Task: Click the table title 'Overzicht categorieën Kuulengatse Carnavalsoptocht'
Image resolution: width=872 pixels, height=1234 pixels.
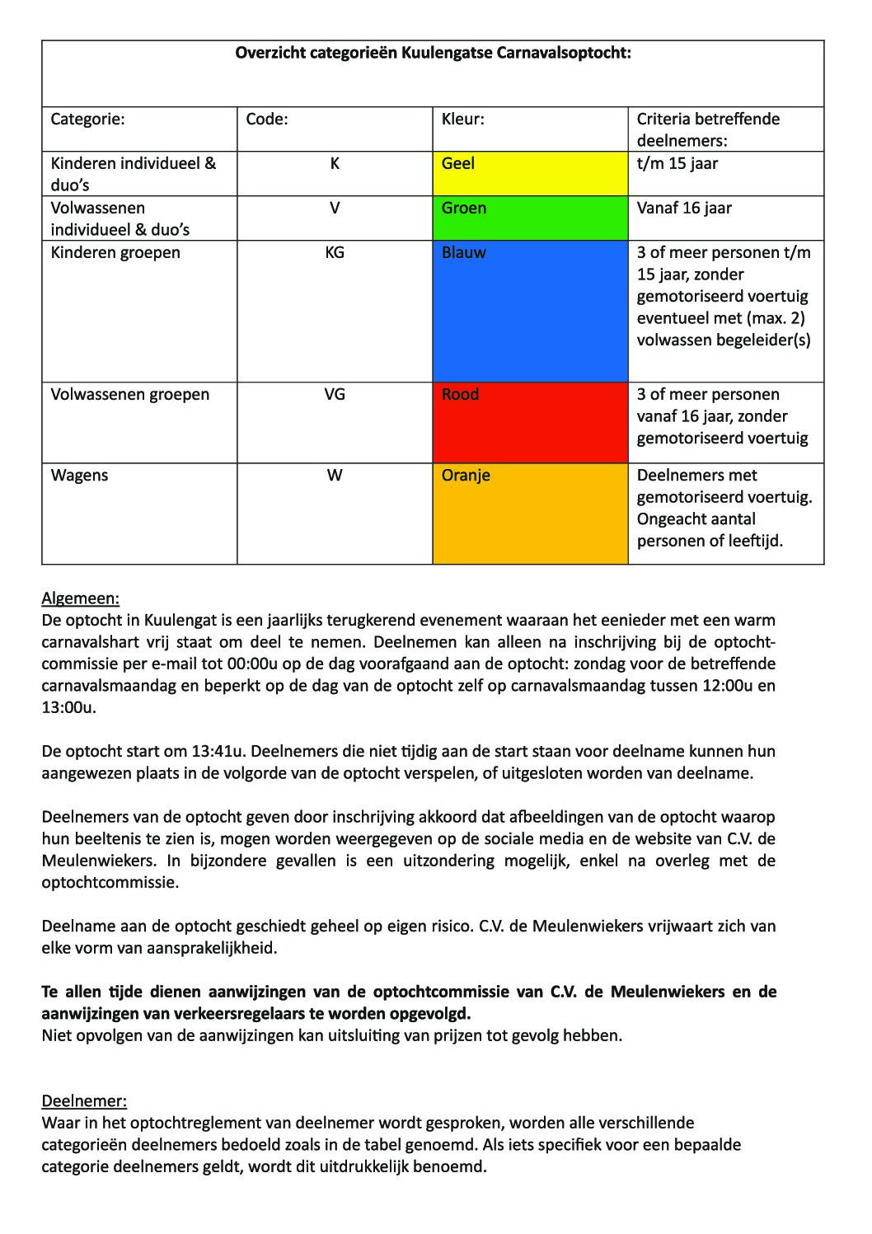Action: pos(433,54)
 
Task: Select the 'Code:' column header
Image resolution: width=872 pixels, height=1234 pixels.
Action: pos(267,120)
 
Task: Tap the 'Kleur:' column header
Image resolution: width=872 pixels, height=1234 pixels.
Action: pos(463,120)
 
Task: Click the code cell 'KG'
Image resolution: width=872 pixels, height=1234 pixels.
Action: pos(335,253)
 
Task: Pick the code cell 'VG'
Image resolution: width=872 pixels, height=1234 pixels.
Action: pos(335,395)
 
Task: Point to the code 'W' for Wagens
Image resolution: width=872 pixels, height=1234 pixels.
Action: pos(335,476)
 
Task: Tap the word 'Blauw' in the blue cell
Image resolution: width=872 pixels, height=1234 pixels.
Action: pos(464,253)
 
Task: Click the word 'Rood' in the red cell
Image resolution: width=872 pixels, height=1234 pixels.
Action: pos(460,395)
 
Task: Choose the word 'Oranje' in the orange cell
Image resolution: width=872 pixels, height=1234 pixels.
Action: pos(466,476)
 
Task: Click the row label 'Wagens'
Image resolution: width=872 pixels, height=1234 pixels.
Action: pos(79,476)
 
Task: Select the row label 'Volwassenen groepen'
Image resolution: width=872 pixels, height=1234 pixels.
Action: pos(130,395)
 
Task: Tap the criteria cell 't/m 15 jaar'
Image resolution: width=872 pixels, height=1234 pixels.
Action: pos(677,164)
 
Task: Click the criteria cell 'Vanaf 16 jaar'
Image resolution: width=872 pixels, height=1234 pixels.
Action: pos(684,209)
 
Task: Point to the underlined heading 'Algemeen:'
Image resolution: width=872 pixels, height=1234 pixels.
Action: pos(81,598)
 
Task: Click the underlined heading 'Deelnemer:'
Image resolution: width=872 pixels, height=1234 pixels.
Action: pos(84,1101)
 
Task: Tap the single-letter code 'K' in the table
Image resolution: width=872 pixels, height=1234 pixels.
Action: pos(335,164)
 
